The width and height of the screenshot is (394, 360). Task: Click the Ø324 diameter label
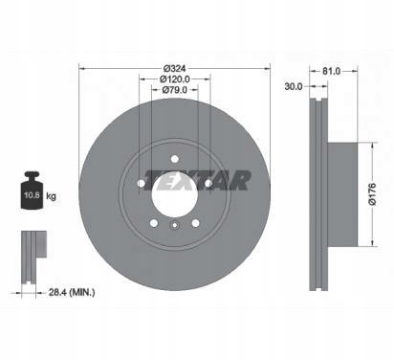coord(174,69)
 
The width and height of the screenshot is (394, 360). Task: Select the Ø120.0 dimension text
coord(174,79)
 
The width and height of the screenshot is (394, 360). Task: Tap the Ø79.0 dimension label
coord(174,90)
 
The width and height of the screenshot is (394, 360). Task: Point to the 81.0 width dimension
coord(331,71)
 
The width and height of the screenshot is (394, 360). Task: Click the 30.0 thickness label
coord(294,86)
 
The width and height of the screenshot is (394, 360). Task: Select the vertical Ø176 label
coord(372,194)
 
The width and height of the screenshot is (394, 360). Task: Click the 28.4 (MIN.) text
coord(72,292)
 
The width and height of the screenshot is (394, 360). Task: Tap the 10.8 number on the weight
coord(32,195)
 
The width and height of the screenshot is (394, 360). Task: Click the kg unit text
coord(51,196)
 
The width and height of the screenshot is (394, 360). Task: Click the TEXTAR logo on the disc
coord(197,180)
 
